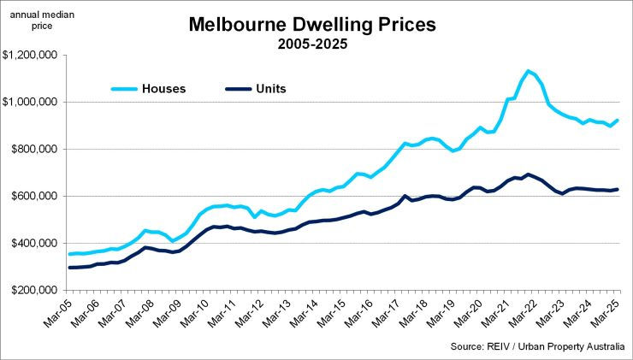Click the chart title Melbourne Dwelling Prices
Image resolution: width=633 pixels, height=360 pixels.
[x=312, y=25]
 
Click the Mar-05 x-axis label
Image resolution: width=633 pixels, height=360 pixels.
[x=56, y=312]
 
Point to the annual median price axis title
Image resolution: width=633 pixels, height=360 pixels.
[x=33, y=20]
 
